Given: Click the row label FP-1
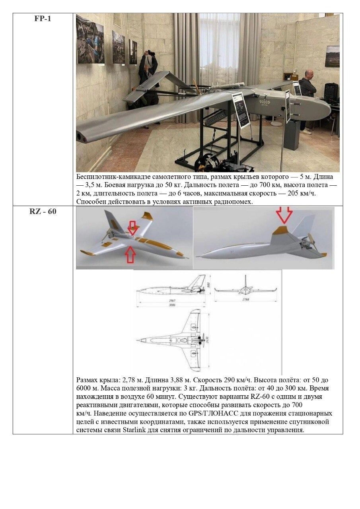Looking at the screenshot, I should click(43, 19).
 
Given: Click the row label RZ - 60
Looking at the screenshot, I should click(43, 211).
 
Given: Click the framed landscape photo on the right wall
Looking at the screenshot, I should click(332, 56).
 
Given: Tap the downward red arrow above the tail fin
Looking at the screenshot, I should click(284, 215).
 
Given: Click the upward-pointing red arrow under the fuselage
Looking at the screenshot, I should click(130, 254).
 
